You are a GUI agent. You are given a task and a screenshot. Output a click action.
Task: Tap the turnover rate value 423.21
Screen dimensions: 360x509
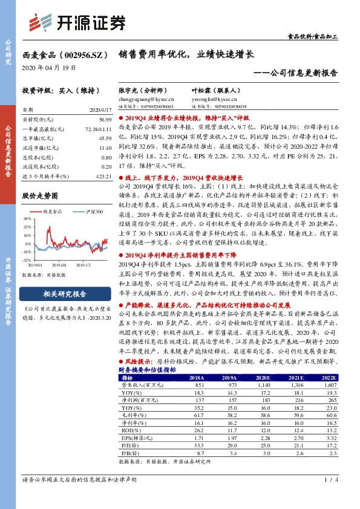[104, 176]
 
